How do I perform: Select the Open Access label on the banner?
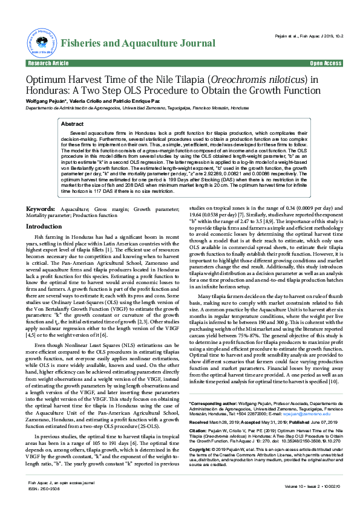326,63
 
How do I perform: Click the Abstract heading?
73,123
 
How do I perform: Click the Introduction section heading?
44,226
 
